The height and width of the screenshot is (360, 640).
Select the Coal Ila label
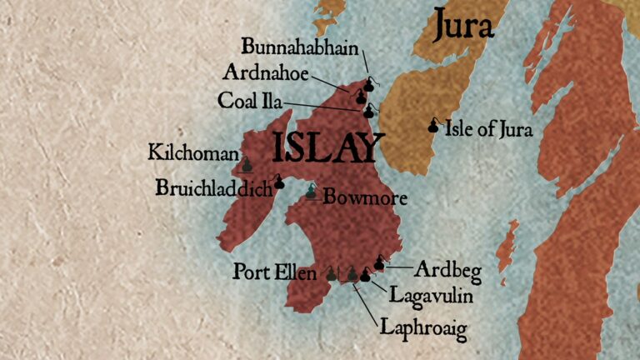click(249, 101)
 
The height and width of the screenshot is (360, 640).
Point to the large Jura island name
click(463, 27)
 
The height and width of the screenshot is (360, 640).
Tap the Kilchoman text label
click(191, 152)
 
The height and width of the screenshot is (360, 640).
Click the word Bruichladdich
click(214, 188)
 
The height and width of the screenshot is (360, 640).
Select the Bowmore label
click(352, 198)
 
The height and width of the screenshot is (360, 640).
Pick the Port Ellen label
click(275, 272)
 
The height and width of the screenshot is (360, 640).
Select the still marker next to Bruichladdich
click(279, 181)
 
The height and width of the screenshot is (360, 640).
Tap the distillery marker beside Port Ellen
click(331, 273)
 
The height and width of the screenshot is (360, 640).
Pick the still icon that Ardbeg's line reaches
click(380, 263)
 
